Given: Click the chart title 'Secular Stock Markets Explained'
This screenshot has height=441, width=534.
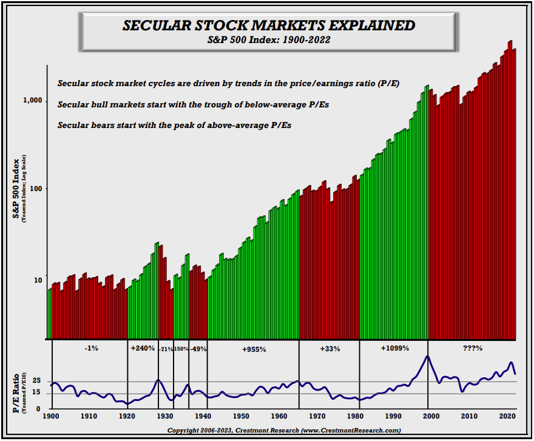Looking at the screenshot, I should click(x=269, y=26).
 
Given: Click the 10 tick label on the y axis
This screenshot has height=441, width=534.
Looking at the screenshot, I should click(x=38, y=280).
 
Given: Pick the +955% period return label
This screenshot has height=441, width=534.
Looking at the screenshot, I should click(x=254, y=349).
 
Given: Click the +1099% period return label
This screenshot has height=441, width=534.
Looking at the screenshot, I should click(x=394, y=349).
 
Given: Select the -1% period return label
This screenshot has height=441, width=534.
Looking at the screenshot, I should click(x=92, y=349).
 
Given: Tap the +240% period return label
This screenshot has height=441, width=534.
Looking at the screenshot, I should click(x=143, y=349).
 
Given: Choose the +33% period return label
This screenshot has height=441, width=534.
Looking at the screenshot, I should click(x=330, y=349).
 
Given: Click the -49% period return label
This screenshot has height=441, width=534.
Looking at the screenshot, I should click(x=198, y=349).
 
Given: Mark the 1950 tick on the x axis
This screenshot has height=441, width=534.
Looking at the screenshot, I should click(x=242, y=416).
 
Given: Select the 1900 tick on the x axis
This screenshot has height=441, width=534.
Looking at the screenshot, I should click(x=51, y=416).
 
